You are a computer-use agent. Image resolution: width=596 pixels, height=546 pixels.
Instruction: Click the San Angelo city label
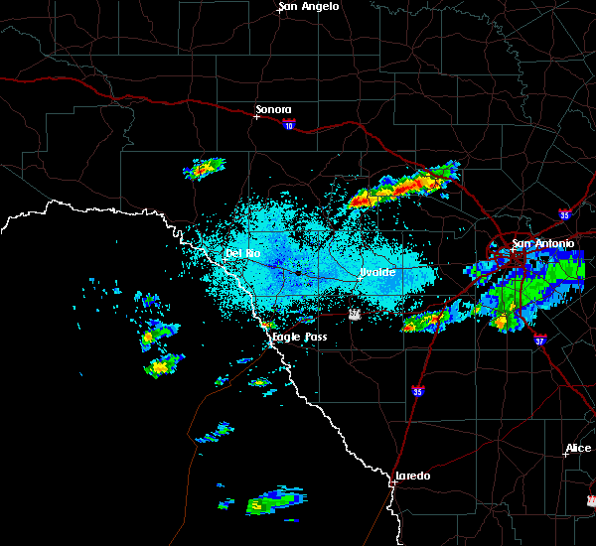point(309,7)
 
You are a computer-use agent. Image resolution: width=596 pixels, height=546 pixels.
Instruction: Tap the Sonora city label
point(274,109)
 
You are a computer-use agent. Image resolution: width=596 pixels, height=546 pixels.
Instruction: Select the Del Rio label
point(242,254)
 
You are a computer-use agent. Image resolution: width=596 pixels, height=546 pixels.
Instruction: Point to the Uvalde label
point(377,272)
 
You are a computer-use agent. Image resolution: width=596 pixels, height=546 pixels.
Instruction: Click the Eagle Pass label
point(300,337)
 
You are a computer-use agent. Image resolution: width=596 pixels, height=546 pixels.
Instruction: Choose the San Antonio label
point(543,244)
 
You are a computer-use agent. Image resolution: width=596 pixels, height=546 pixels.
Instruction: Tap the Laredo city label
point(413,476)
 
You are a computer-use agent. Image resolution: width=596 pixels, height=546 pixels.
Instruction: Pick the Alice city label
point(578,449)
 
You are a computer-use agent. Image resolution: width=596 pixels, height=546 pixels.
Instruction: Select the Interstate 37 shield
point(537,339)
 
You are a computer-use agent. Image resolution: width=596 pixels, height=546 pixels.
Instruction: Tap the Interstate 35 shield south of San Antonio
point(418,390)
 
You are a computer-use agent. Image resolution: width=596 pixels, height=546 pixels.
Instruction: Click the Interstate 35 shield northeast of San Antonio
point(563,212)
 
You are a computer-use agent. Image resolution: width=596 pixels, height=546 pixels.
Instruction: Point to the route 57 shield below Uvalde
point(354,314)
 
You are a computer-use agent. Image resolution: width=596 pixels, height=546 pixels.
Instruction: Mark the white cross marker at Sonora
point(256,116)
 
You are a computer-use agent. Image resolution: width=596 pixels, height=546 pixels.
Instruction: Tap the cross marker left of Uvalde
point(360,278)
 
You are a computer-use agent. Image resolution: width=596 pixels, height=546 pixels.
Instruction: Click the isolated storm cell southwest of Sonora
point(205,169)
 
